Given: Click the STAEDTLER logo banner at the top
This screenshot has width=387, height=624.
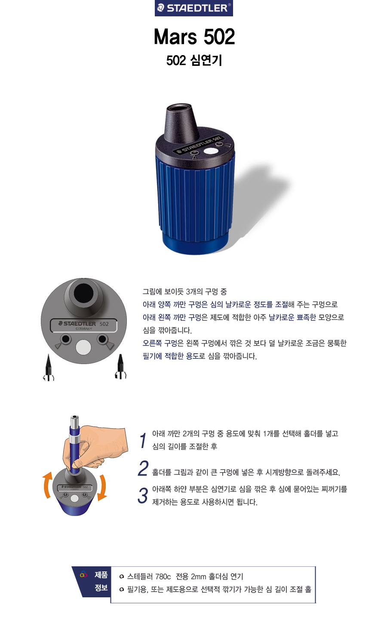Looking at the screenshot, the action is pos(194,8).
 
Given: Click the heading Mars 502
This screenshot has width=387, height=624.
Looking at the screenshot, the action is pos(194,37).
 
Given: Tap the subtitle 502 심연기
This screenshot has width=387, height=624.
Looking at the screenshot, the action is pos(194,60).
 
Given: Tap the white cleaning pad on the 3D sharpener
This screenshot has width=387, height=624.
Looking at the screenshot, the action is pos(211,151).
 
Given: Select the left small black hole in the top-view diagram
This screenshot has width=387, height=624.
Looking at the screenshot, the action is pos(66,339).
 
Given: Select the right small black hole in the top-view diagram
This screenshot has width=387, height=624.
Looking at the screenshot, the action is pos(102,339).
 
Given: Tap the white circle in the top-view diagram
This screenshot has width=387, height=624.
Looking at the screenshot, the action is pos(83,348).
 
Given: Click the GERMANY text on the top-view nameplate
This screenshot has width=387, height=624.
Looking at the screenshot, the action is pos(84,329).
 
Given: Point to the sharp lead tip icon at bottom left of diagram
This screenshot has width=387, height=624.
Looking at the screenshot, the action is pos(49,367).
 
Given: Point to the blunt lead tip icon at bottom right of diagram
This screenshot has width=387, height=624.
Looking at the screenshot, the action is pos(120,367).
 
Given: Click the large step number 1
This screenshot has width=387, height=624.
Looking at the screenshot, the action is pos(143,440).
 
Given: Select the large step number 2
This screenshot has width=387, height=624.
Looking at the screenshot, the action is pos(143,469).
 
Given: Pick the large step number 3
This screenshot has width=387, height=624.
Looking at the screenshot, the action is pos(143,496).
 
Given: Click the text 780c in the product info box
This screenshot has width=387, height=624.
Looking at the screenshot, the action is pos(163,576).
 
